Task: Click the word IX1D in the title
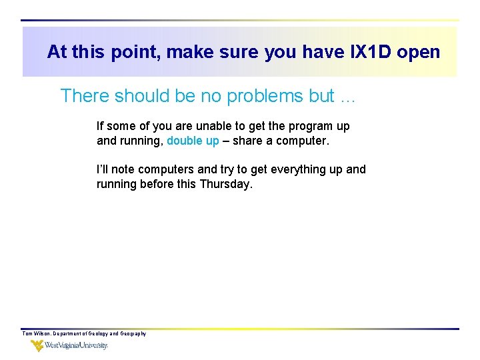click(x=372, y=52)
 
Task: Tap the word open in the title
click(x=419, y=52)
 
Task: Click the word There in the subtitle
click(x=85, y=96)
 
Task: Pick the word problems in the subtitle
click(x=265, y=96)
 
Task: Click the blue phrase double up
click(x=193, y=141)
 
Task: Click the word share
click(x=247, y=141)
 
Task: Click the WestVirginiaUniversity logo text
click(x=76, y=346)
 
